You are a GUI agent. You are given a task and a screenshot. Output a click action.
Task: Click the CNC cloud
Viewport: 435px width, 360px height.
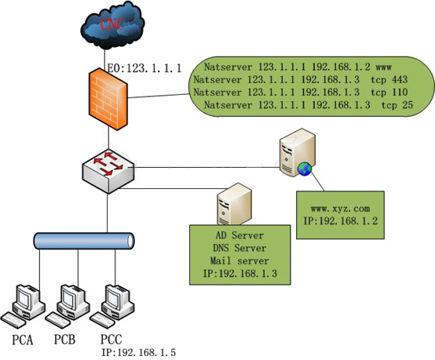[x=112, y=25]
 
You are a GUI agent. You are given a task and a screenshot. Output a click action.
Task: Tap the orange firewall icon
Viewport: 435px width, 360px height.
[x=108, y=99]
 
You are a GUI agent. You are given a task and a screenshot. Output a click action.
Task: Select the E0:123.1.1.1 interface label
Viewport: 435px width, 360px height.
[x=144, y=68]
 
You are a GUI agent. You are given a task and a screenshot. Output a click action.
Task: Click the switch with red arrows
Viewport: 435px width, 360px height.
[x=108, y=171]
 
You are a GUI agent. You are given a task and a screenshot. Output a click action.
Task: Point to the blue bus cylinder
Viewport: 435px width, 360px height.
[x=84, y=241]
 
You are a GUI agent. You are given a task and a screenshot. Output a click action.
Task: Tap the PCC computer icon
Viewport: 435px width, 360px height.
[x=112, y=306]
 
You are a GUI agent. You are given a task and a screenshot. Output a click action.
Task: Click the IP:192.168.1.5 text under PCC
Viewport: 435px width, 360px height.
[x=138, y=352]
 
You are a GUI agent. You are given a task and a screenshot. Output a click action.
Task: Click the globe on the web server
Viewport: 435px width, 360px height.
[x=305, y=169]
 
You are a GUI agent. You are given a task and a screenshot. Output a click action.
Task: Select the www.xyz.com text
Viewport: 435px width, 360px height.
[x=340, y=209]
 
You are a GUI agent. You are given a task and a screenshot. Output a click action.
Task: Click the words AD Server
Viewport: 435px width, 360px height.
[x=239, y=235]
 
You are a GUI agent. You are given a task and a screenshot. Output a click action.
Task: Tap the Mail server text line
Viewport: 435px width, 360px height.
[x=239, y=261]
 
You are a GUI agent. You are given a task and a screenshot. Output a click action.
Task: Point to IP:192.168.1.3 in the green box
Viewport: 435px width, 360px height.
[x=240, y=274]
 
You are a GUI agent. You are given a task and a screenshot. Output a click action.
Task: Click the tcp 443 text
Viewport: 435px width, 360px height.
[x=389, y=79]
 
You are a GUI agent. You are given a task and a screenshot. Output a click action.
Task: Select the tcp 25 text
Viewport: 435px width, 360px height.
[x=397, y=105]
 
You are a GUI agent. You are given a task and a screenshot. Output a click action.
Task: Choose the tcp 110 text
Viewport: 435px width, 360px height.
[x=389, y=93]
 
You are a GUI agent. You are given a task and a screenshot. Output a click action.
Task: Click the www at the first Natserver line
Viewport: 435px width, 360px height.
[x=384, y=67]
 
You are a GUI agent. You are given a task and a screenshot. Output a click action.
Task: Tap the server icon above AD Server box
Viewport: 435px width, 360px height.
[x=235, y=204]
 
